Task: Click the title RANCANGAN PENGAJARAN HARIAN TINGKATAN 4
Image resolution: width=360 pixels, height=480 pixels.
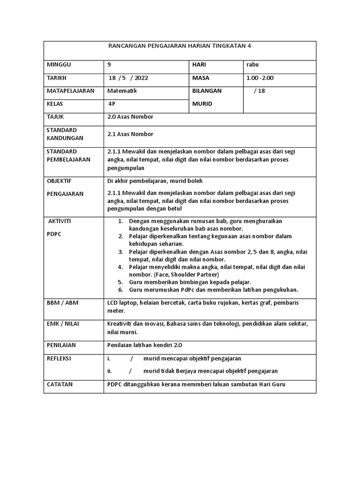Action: point(180,46)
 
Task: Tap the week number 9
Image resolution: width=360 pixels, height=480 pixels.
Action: point(110,65)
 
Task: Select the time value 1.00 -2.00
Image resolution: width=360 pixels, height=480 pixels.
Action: point(260,78)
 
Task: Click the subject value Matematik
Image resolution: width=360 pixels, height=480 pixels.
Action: point(122,90)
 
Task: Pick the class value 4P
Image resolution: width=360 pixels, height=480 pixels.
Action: point(112,104)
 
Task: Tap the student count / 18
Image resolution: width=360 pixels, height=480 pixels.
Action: point(259,91)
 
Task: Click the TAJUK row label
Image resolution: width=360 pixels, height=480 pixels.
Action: point(55,117)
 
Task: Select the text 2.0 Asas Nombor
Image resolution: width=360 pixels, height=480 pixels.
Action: point(130,117)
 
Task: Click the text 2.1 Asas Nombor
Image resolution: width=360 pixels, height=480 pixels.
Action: point(130,134)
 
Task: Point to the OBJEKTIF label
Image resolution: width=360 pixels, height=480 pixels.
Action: point(60,181)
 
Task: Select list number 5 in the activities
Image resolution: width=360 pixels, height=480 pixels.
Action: point(120,282)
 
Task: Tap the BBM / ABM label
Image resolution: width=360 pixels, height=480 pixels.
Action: point(62,303)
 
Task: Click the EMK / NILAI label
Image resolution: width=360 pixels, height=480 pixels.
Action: point(63,324)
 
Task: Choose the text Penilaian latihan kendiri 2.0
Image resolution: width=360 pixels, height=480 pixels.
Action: point(144,345)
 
